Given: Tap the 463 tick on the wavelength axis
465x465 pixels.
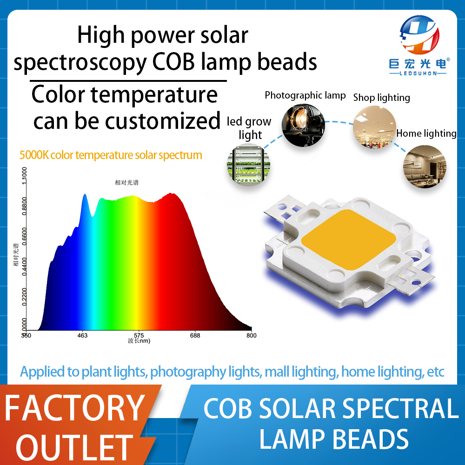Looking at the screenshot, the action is click(x=82, y=335).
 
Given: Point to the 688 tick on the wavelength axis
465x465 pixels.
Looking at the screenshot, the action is click(x=195, y=335).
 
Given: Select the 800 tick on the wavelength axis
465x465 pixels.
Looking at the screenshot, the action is click(x=252, y=335).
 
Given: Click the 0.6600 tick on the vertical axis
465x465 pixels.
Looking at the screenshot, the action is click(x=24, y=236).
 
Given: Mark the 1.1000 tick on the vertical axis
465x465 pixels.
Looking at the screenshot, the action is click(x=24, y=176).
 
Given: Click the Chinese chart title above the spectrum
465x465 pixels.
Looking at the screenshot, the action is click(x=126, y=182).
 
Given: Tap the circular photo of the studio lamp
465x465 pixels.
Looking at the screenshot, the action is click(x=303, y=125).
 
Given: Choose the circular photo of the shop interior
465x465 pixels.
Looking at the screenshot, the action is click(x=374, y=127).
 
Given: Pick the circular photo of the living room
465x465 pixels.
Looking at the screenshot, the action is click(x=425, y=166).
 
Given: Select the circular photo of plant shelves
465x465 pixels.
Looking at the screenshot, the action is click(x=248, y=165).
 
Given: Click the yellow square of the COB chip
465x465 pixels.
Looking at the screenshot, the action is click(x=349, y=239).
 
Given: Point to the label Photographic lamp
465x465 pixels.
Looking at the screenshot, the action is click(x=305, y=95).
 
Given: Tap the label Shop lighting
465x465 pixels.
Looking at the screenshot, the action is click(x=382, y=98).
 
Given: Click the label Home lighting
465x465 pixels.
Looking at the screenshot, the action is click(x=426, y=133).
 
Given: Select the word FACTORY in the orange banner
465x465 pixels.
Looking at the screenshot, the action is click(x=75, y=408).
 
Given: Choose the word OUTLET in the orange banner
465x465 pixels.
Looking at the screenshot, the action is click(x=74, y=447).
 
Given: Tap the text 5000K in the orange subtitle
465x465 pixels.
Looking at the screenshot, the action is click(x=34, y=155).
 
